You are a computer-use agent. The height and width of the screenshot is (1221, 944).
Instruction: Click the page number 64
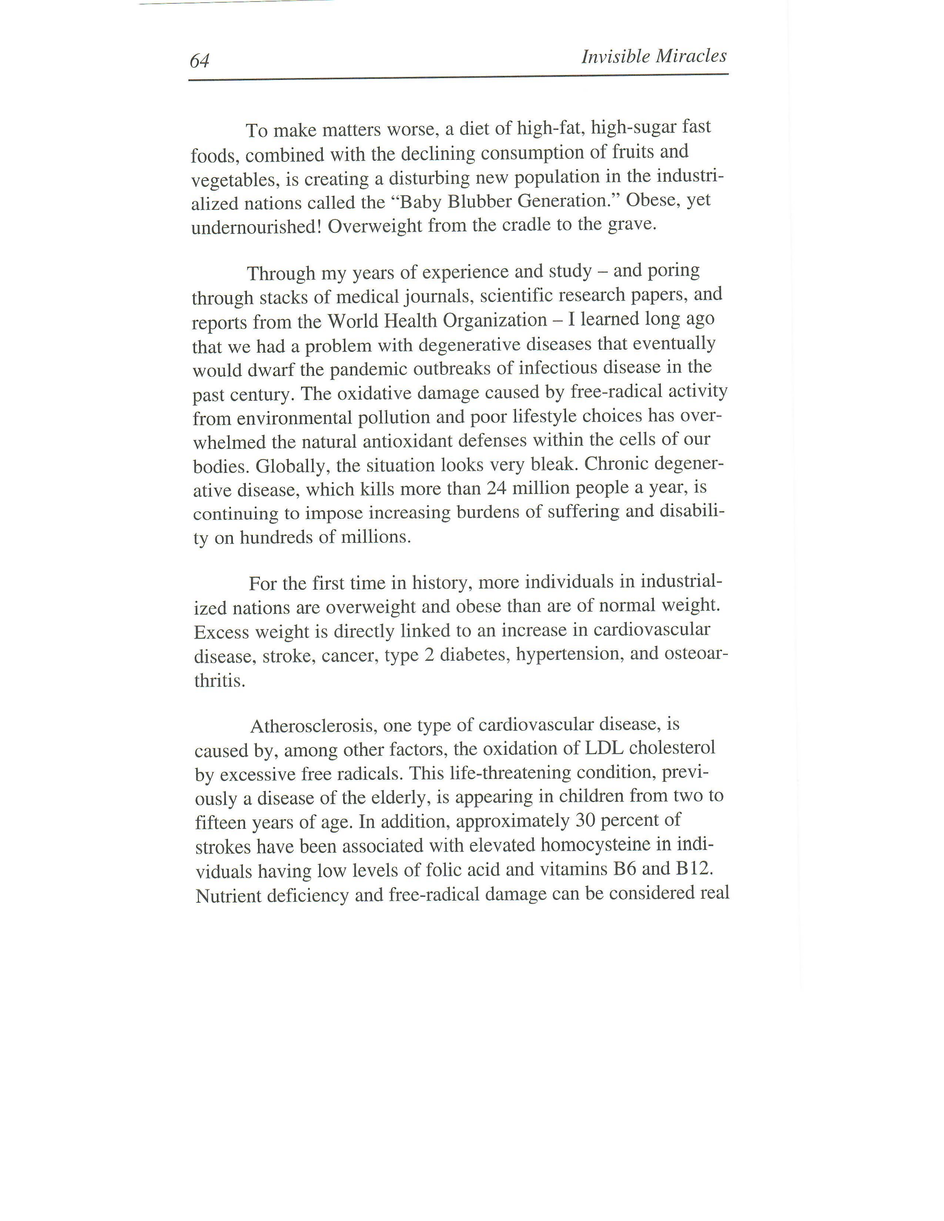[x=199, y=60]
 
